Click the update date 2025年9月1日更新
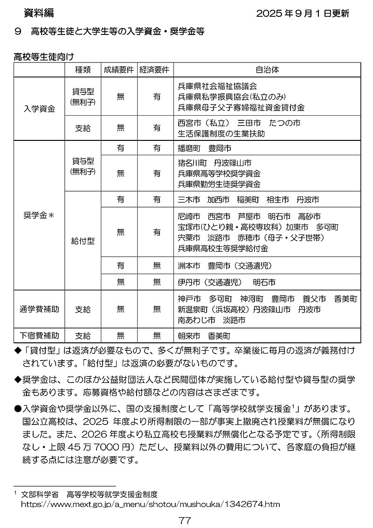pyautogui.click(x=303, y=14)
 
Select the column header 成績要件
pyautogui.click(x=120, y=70)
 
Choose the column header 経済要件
pyautogui.click(x=156, y=70)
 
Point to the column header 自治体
pyautogui.click(x=267, y=70)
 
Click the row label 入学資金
pyautogui.click(x=39, y=109)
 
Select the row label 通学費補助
pyautogui.click(x=39, y=309)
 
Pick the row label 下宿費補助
pyautogui.click(x=39, y=335)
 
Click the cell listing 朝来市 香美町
pyautogui.click(x=204, y=335)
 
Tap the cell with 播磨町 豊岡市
pyautogui.click(x=204, y=148)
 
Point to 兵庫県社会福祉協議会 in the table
pyautogui.click(x=217, y=87)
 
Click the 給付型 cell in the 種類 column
pyautogui.click(x=83, y=241)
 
